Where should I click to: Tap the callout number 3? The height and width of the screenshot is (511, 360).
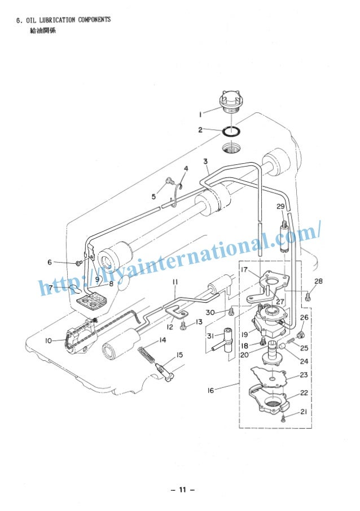206,162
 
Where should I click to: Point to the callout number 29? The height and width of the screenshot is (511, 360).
280,206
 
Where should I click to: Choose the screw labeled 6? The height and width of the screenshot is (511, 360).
78,263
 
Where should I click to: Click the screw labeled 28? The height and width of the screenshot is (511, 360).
308,295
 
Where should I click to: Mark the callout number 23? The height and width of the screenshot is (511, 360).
303,375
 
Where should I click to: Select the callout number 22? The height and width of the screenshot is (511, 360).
303,393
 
